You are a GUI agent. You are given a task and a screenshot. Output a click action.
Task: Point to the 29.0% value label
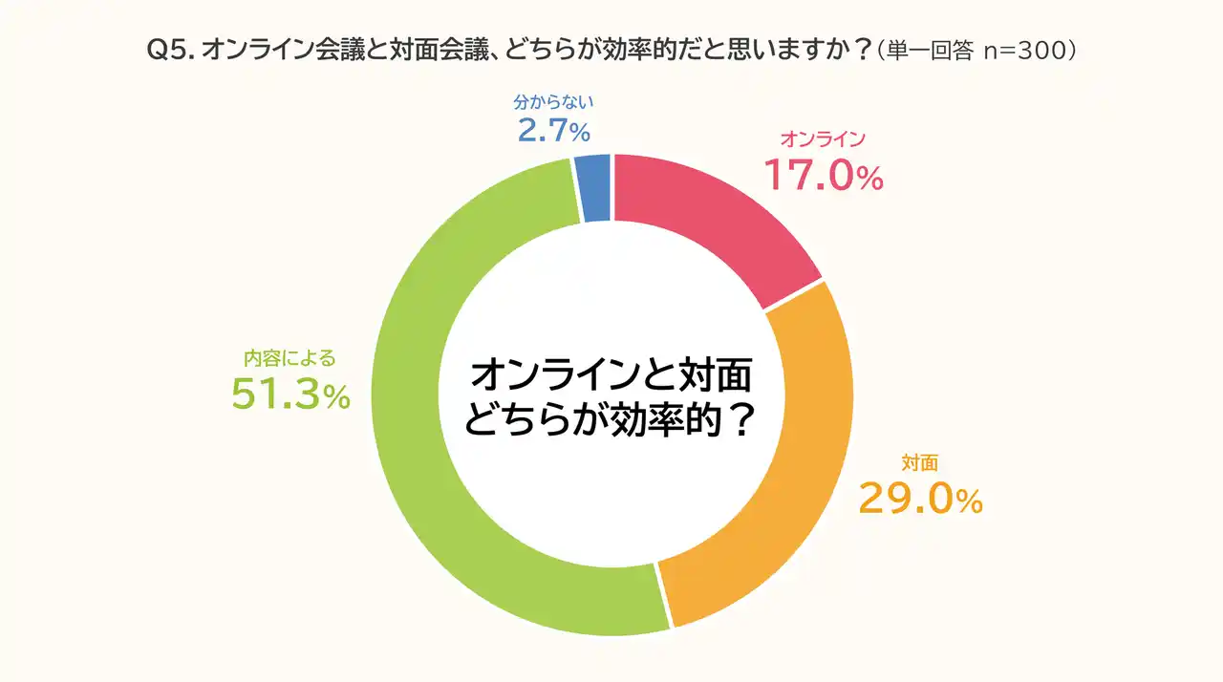point(920,499)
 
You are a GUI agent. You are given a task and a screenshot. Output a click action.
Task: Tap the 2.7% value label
point(553,130)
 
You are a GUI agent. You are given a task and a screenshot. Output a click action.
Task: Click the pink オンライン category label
point(823,139)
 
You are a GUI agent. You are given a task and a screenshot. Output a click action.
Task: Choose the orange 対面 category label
point(919,463)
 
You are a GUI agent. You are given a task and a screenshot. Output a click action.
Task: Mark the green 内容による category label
point(290,359)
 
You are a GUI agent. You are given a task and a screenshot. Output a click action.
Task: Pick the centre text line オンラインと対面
point(611,375)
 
